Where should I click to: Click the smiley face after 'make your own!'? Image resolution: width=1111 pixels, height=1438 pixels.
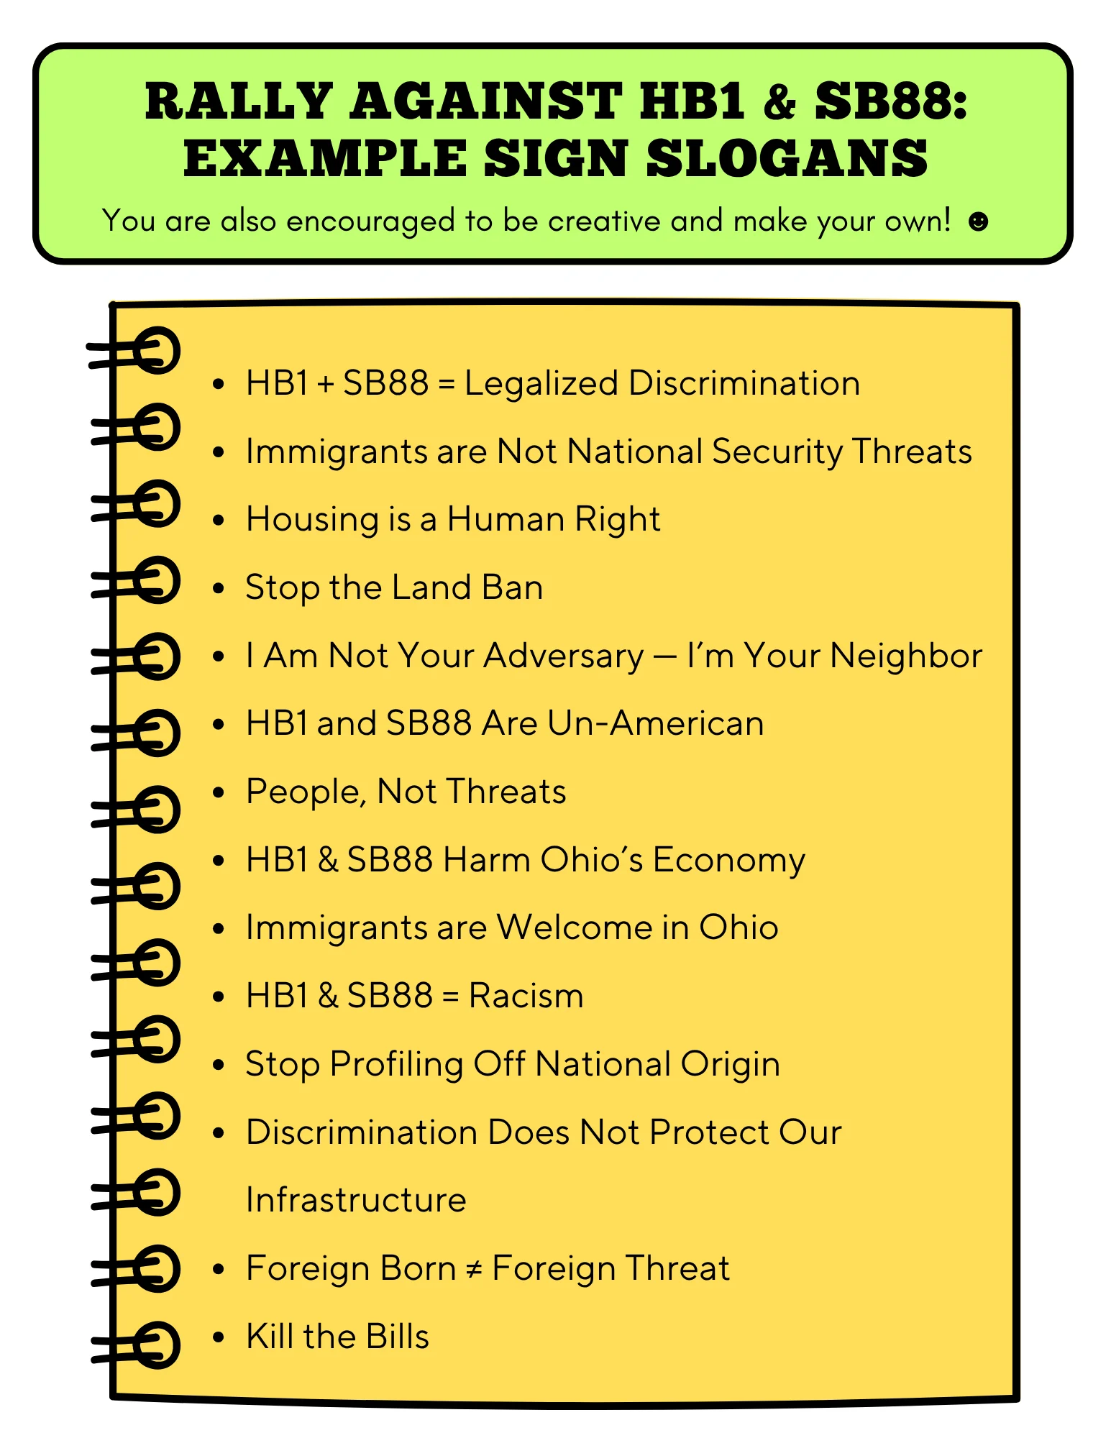pyautogui.click(x=978, y=221)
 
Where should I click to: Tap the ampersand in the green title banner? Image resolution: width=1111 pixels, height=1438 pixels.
pyautogui.click(x=779, y=101)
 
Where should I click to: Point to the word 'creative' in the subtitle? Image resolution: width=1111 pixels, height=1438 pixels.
pyautogui.click(x=604, y=221)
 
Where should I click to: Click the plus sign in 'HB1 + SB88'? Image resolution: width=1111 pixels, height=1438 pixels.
pyautogui.click(x=325, y=384)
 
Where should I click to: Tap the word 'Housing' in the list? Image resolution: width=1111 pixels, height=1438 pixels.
pyautogui.click(x=312, y=520)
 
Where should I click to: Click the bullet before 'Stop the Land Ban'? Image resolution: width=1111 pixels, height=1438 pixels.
pyautogui.click(x=219, y=588)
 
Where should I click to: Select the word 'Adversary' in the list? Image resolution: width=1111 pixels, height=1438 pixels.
pyautogui.click(x=564, y=656)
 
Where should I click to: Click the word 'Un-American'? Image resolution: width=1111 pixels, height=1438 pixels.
pyautogui.click(x=655, y=723)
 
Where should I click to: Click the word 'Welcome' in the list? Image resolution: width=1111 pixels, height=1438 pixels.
pyautogui.click(x=574, y=928)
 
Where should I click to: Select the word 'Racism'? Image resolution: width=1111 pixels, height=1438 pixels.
pyautogui.click(x=526, y=997)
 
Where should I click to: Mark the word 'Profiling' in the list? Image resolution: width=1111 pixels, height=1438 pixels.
pyautogui.click(x=396, y=1065)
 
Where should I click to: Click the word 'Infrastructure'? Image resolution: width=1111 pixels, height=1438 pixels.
pyautogui.click(x=356, y=1200)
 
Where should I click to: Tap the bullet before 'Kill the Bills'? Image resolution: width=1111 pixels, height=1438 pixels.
pyautogui.click(x=219, y=1337)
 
